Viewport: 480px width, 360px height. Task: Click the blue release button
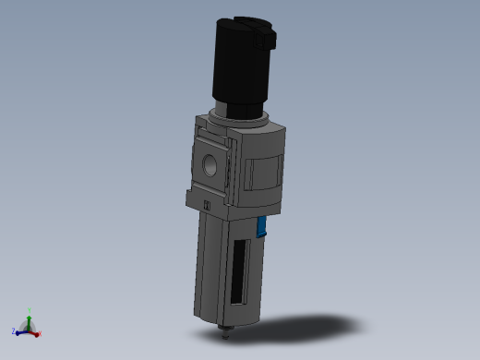[x=263, y=226]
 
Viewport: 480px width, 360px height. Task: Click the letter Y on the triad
[x=30, y=310]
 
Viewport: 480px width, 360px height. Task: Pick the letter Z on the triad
[x=14, y=331]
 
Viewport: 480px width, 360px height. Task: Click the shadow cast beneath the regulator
[x=314, y=327]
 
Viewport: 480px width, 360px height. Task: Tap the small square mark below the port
[x=208, y=204]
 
